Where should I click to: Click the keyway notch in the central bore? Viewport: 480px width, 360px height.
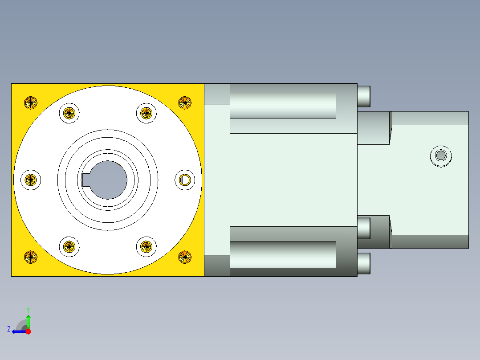[x=86, y=180]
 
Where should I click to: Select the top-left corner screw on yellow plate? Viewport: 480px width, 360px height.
[x=30, y=102]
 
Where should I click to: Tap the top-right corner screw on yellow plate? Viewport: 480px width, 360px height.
[x=185, y=102]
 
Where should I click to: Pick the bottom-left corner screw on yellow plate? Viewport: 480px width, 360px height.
[x=30, y=257]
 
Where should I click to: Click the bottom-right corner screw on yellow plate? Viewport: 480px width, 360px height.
[x=185, y=257]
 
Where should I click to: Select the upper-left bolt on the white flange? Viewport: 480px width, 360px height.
[x=69, y=113]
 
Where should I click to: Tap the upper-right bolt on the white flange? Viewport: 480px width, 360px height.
[x=146, y=113]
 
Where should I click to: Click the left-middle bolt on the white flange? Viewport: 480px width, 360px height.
[x=30, y=180]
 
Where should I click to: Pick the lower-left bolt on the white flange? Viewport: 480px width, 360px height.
[x=69, y=246]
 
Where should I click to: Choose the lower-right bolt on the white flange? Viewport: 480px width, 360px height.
[x=146, y=246]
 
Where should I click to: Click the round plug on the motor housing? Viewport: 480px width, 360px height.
[x=441, y=155]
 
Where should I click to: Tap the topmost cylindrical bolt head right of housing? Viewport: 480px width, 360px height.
[x=364, y=95]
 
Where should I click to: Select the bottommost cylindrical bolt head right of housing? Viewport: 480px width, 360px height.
[x=364, y=263]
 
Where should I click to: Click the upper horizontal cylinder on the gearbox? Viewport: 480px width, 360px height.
[x=283, y=105]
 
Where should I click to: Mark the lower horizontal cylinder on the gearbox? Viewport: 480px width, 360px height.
[x=283, y=254]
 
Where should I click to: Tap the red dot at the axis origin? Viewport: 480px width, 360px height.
[x=28, y=331]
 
